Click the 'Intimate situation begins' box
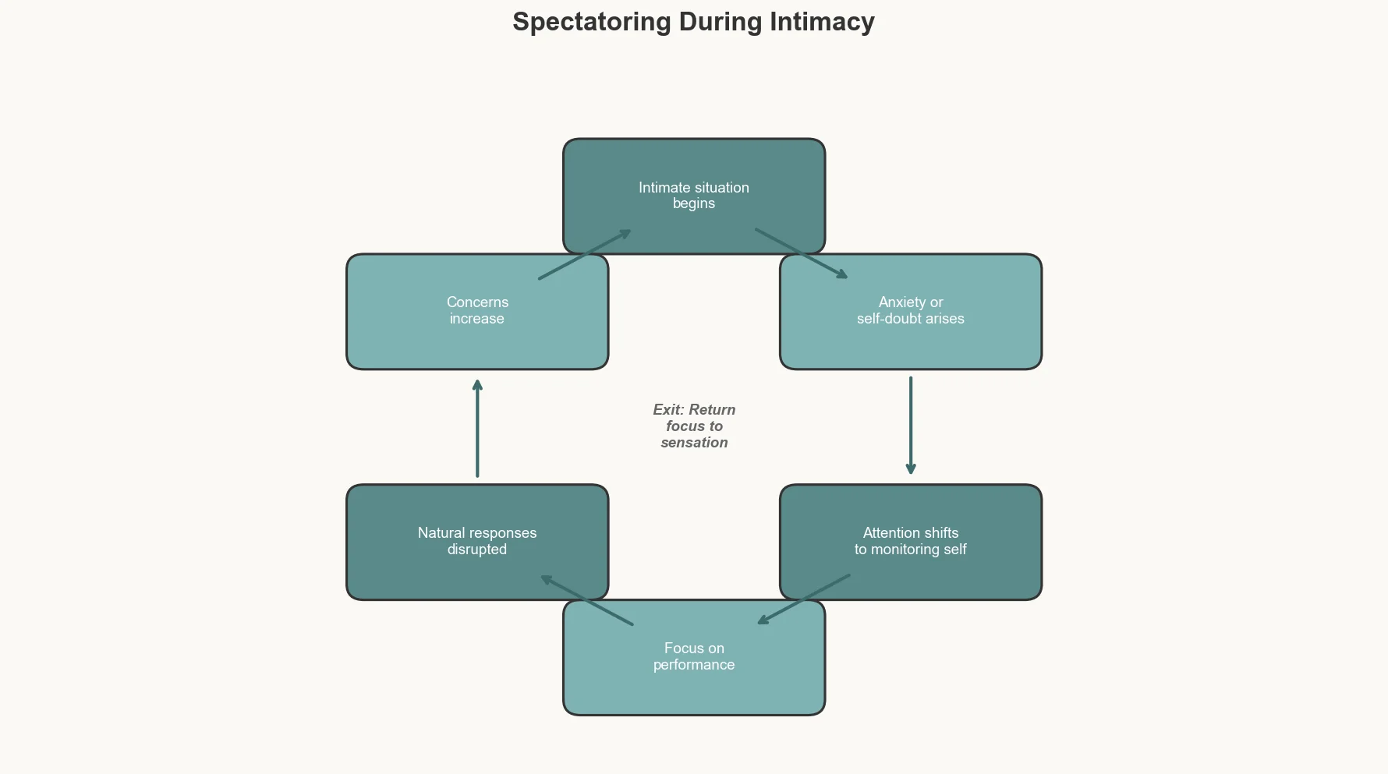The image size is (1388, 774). [x=694, y=168]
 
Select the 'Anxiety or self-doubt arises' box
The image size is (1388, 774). [x=911, y=343]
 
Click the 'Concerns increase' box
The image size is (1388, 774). [x=476, y=343]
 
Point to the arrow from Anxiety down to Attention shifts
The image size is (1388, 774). [x=911, y=426]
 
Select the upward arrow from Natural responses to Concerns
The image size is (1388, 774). [x=477, y=429]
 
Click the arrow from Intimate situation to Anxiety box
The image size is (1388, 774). [x=802, y=253]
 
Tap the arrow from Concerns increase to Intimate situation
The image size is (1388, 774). [x=585, y=254]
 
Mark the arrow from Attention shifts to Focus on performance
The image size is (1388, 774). [x=804, y=599]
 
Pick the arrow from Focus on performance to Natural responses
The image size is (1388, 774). [x=586, y=600]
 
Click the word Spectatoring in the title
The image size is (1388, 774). [x=591, y=22]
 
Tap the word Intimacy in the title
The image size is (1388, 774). [x=822, y=22]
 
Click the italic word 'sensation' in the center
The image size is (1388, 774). [x=694, y=443]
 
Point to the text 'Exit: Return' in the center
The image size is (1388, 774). [x=694, y=410]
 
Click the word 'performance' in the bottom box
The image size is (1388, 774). [x=694, y=665]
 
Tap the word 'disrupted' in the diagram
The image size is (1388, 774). [x=476, y=550]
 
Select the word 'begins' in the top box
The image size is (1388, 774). [x=694, y=203]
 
